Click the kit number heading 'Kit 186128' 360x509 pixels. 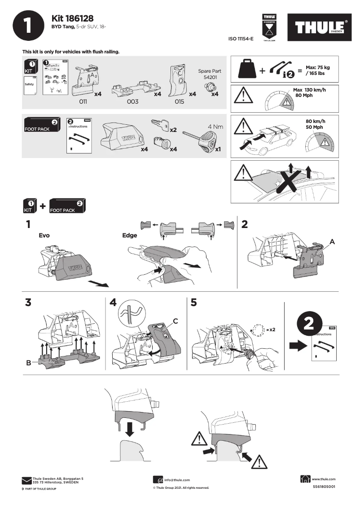(x=72, y=18)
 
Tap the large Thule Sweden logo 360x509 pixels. (x=320, y=28)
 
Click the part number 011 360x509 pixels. (x=83, y=102)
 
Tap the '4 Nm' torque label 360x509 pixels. (x=215, y=127)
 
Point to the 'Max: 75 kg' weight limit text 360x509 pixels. (x=318, y=67)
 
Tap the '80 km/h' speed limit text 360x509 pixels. (x=315, y=121)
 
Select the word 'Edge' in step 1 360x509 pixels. (x=130, y=235)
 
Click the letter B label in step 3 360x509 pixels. (x=29, y=364)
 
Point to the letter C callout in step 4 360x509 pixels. (x=176, y=321)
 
